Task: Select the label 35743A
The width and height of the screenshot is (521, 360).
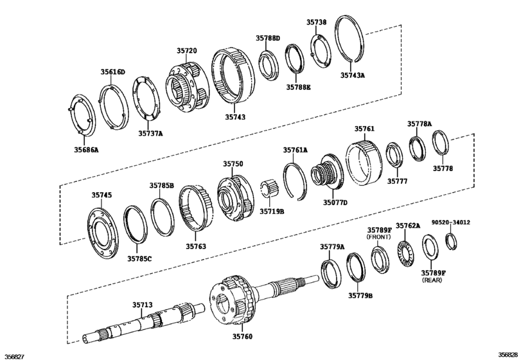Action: (353, 75)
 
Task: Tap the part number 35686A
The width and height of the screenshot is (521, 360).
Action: (87, 149)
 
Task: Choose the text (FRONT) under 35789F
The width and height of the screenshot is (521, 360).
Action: (379, 238)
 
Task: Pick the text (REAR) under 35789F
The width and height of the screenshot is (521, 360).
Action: (434, 281)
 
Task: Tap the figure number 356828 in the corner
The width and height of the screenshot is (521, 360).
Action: (507, 355)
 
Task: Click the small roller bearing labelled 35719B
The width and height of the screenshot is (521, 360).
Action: (269, 191)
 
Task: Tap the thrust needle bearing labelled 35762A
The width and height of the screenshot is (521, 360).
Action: (406, 253)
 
